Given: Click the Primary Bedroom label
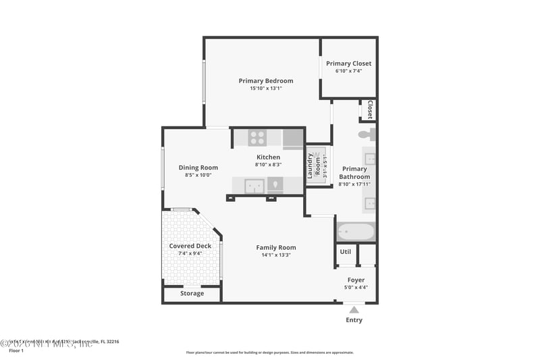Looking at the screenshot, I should click(x=265, y=81).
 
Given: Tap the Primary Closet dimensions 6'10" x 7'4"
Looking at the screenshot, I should click(x=348, y=71).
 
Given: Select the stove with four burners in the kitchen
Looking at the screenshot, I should click(x=257, y=138).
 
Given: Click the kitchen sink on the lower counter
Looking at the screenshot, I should click(x=254, y=185).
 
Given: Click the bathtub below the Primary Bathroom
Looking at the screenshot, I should click(x=355, y=232).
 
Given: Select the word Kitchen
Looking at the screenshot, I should click(x=268, y=157).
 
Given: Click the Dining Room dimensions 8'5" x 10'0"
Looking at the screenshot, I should click(x=198, y=175).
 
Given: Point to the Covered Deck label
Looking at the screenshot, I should click(x=190, y=246).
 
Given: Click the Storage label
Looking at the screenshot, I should click(x=192, y=293).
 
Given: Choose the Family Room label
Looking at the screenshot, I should click(x=275, y=247).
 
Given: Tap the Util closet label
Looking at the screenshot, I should click(x=345, y=252).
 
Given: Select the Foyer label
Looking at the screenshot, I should click(x=356, y=280).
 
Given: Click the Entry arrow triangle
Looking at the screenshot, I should click(x=354, y=309).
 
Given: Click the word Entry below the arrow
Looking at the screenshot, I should click(x=354, y=320).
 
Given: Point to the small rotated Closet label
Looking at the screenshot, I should click(x=370, y=109).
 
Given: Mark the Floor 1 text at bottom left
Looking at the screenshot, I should click(x=16, y=351).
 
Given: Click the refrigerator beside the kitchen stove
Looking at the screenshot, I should click(x=293, y=138).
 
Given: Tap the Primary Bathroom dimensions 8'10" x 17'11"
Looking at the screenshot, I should click(x=354, y=184).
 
